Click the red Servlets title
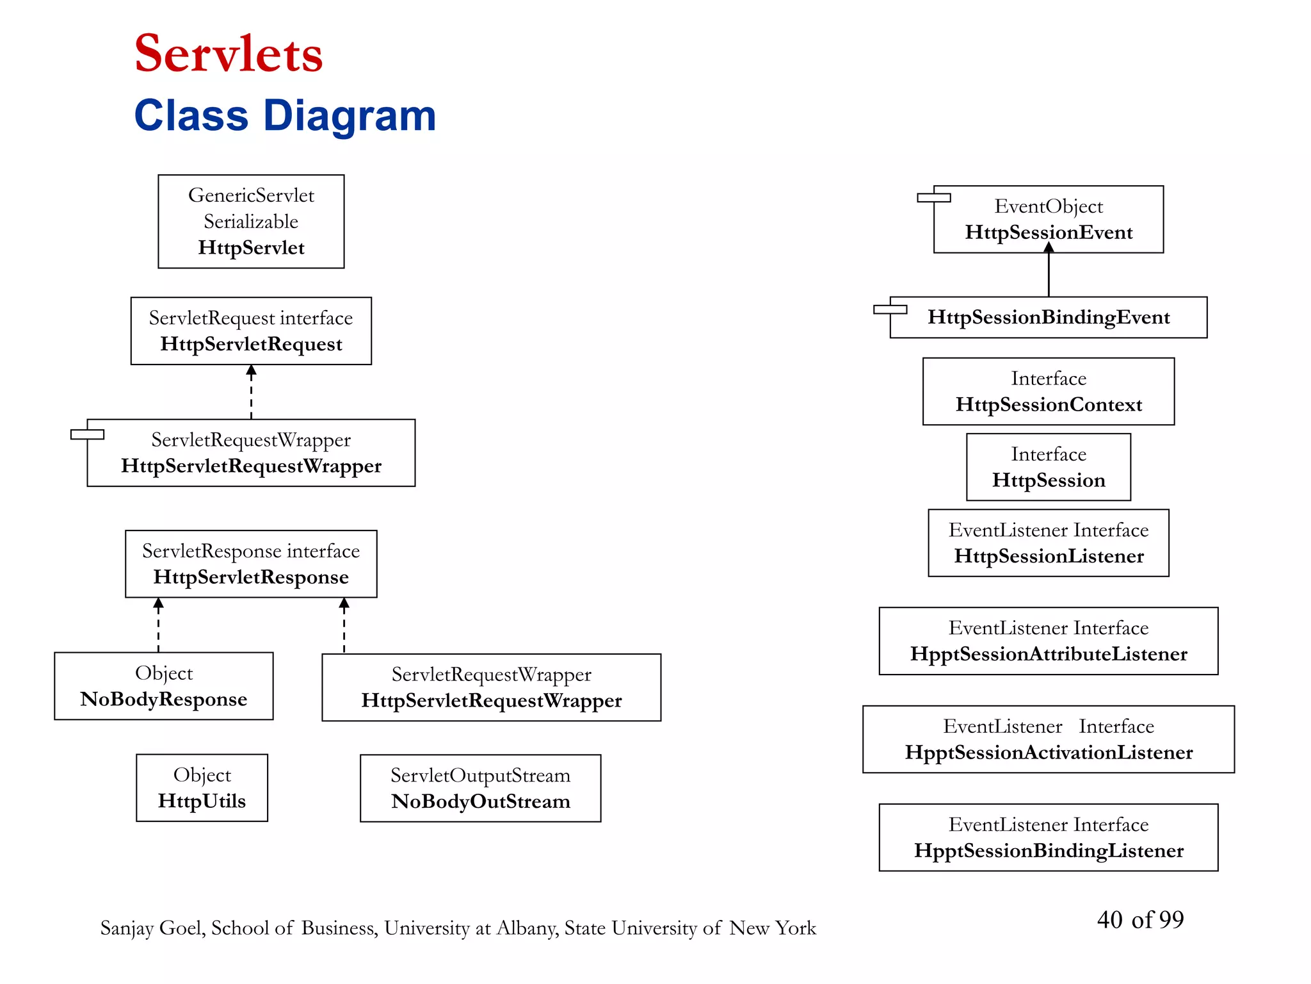[x=229, y=54]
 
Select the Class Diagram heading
[x=285, y=116]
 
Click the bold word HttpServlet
[x=251, y=248]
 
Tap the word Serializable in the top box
[x=251, y=222]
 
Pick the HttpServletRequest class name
[x=251, y=345]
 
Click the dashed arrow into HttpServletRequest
[x=251, y=392]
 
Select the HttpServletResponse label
[x=251, y=577]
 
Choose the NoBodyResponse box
[x=164, y=686]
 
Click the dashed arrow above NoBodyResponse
[x=159, y=625]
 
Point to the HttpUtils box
[x=202, y=788]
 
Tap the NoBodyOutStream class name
[x=480, y=801]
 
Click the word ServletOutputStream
[x=480, y=775]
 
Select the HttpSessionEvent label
[x=1049, y=233]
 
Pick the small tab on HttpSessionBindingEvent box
[x=890, y=309]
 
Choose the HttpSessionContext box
[x=1049, y=391]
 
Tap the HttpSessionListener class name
[x=1049, y=556]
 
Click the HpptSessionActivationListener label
[x=1049, y=752]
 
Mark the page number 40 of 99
[x=1140, y=920]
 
